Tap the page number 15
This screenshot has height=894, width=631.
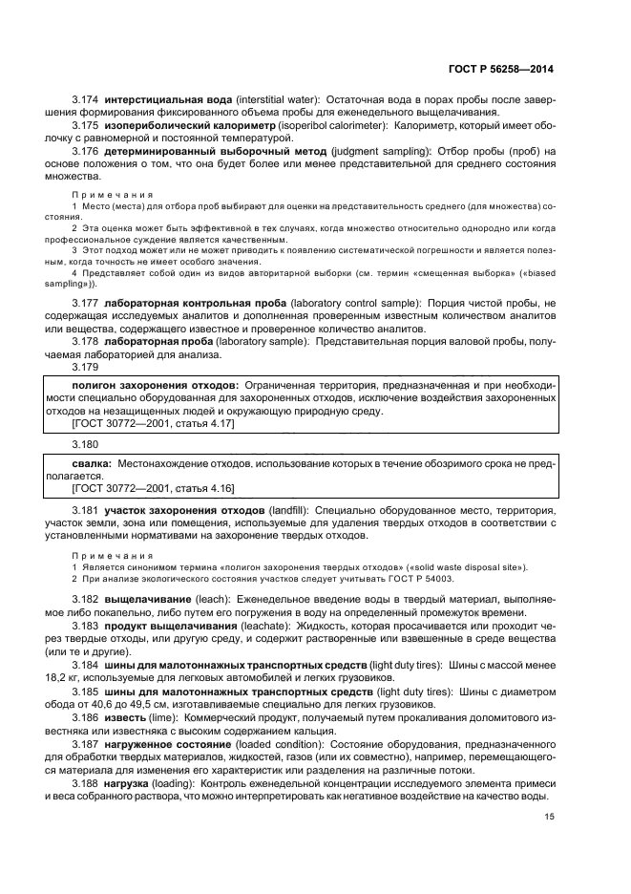click(x=549, y=816)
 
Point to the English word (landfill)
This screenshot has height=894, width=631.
click(x=289, y=511)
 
